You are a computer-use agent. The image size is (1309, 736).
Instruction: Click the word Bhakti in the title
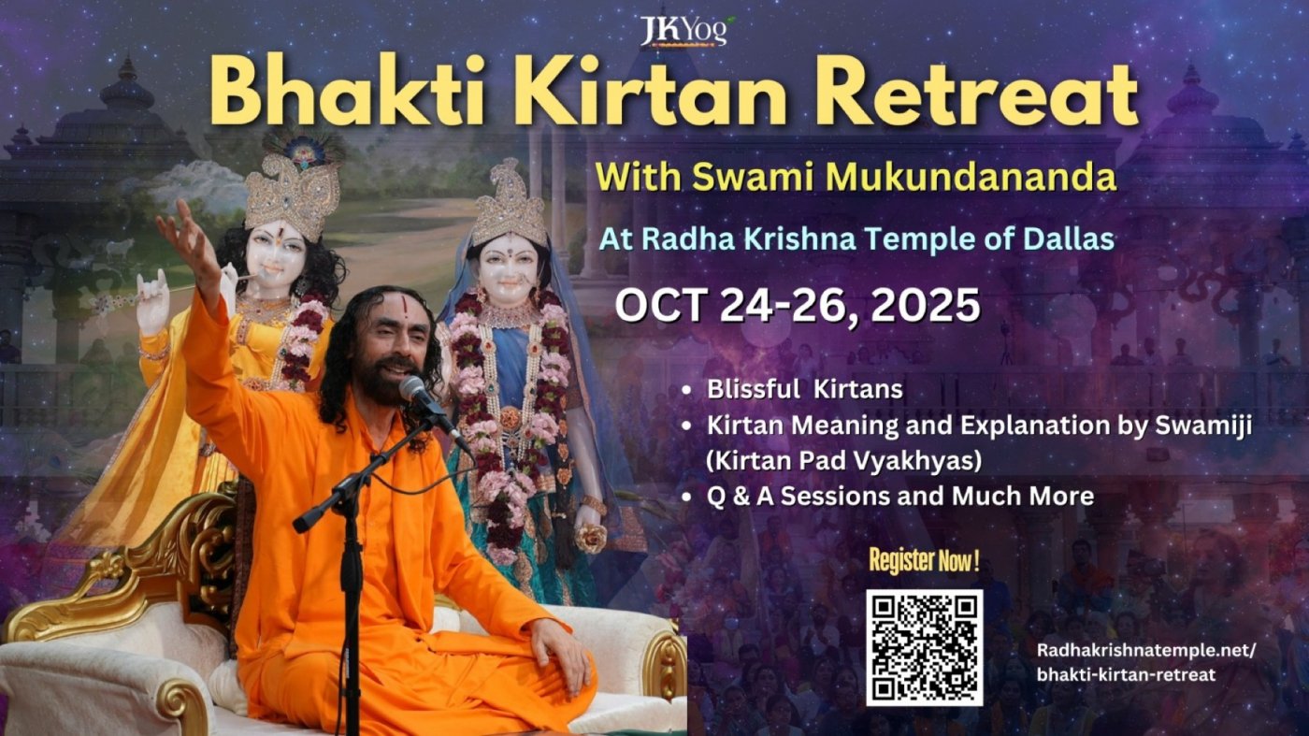tap(347, 93)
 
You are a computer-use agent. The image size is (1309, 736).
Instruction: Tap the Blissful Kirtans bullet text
tap(805, 389)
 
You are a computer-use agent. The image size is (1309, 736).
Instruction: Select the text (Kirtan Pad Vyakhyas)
tap(843, 461)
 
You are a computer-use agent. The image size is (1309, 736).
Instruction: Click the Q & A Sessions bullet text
tap(899, 497)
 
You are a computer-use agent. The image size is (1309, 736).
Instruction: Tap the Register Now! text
tap(924, 560)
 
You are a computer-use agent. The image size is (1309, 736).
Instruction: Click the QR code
tap(924, 647)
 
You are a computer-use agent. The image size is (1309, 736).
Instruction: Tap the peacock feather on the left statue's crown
tap(303, 149)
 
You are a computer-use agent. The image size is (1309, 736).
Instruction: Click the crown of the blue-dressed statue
tap(511, 205)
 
